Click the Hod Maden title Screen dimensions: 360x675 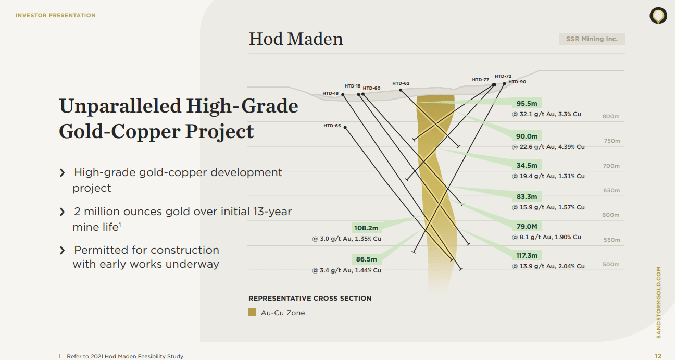[x=296, y=39]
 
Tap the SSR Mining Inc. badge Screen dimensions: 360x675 [x=591, y=39]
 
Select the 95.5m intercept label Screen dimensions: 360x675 [x=527, y=104]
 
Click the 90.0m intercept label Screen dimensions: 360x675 [x=527, y=136]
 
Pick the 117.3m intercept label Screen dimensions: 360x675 [x=527, y=255]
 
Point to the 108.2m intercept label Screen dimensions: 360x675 [x=366, y=228]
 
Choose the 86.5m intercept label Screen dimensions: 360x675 [x=366, y=259]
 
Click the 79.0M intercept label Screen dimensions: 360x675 [x=527, y=226]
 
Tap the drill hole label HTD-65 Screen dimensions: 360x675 [x=332, y=126]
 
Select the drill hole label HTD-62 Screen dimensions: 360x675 [x=401, y=83]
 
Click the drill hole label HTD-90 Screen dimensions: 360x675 [x=517, y=82]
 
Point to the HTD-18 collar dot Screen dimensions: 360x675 [x=343, y=95]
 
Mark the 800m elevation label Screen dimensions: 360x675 [x=611, y=116]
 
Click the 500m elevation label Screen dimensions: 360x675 [x=611, y=264]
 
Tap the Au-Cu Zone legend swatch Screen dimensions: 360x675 [x=253, y=313]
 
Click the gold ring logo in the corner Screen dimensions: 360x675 [x=658, y=16]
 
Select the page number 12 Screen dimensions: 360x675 [x=658, y=356]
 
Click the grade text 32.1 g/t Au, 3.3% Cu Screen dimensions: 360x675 [x=546, y=114]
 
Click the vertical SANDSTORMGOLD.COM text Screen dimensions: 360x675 [x=658, y=303]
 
